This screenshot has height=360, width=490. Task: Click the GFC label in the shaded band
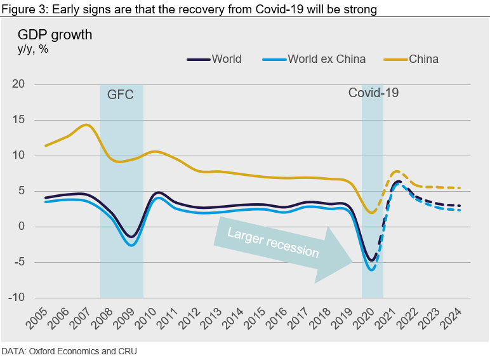[x=120, y=96]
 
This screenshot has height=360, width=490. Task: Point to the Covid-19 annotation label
[x=373, y=93]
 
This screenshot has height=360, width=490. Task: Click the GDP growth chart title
[x=55, y=34]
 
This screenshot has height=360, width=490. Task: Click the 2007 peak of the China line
[x=87, y=124]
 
